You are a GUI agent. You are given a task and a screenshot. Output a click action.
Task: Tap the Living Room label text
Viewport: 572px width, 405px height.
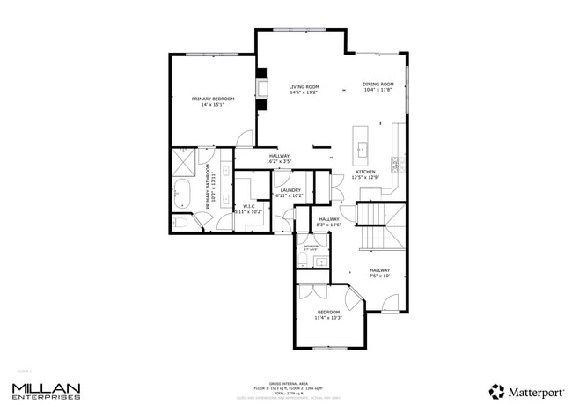point(304,89)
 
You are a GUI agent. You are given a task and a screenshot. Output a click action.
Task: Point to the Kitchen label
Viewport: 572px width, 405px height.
point(365,174)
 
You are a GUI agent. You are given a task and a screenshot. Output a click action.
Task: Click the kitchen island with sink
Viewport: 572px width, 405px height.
point(360,139)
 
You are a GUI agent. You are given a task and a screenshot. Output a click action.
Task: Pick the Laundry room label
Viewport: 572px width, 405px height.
point(290,192)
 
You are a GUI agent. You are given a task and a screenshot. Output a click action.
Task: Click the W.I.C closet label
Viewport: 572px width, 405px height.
point(248,210)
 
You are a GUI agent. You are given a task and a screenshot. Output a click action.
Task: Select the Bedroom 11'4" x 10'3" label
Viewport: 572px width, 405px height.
point(328,314)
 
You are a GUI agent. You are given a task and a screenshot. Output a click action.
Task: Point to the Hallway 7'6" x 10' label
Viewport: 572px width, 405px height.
point(379,273)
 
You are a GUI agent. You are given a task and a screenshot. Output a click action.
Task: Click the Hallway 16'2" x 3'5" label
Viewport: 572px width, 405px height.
point(278,158)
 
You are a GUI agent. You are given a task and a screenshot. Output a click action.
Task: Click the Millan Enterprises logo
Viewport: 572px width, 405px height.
point(46,390)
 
